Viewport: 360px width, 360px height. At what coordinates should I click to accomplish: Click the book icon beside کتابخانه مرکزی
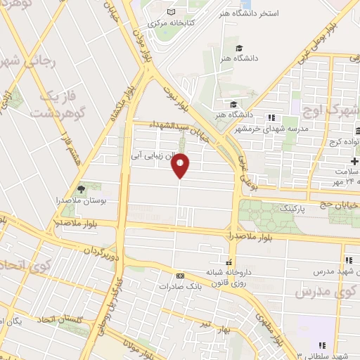172,12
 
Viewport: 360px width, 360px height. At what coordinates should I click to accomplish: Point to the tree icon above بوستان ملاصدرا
82,188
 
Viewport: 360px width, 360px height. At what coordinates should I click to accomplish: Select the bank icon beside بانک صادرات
181,276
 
